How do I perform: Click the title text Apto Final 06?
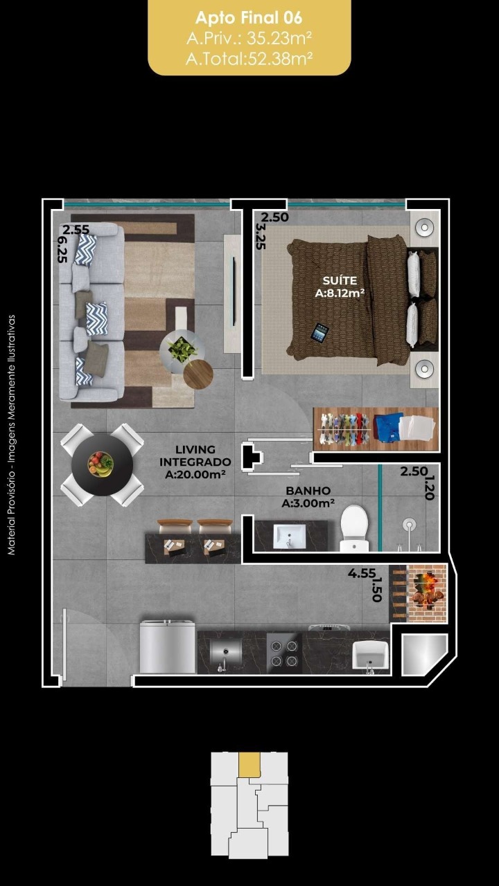click(x=249, y=18)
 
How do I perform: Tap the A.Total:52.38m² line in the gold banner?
click(x=249, y=59)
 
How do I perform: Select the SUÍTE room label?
click(x=340, y=280)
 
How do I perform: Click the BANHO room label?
click(x=308, y=491)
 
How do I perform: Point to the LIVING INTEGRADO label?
click(x=195, y=455)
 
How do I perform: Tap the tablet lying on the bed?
click(x=319, y=333)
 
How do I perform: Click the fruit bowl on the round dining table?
click(x=100, y=464)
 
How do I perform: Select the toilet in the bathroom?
click(x=354, y=528)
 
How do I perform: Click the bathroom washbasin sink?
click(x=290, y=536)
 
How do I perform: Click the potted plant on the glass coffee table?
click(x=182, y=349)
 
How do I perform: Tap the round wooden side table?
click(x=198, y=374)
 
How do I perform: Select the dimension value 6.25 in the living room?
click(x=62, y=250)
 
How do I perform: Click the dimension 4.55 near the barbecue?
click(x=362, y=573)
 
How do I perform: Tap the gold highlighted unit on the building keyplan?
click(x=249, y=765)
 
